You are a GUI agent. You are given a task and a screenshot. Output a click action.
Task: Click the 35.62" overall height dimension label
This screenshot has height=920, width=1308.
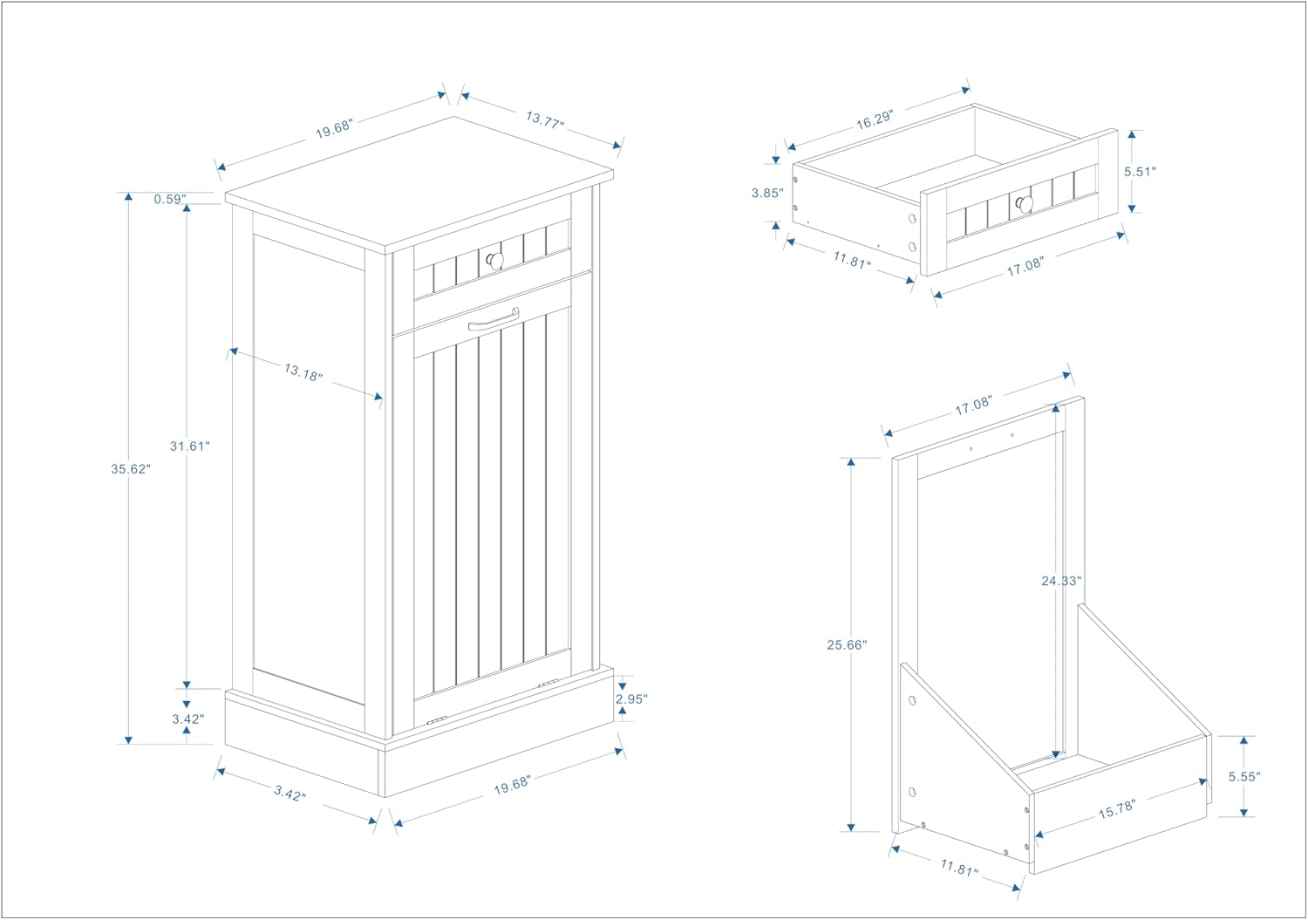click(x=130, y=468)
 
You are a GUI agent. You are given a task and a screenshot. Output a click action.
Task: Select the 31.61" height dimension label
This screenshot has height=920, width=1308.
click(x=189, y=446)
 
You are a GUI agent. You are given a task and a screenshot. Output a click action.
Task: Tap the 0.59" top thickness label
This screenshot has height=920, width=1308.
click(x=170, y=199)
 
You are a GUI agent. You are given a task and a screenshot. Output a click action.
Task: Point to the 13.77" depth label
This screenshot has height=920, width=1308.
click(x=544, y=119)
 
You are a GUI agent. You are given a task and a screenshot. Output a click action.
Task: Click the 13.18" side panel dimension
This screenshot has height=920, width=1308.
click(x=303, y=372)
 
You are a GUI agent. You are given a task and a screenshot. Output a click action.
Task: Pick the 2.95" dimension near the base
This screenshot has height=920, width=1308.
click(x=631, y=699)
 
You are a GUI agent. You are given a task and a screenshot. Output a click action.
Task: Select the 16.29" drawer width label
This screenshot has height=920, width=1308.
click(x=874, y=119)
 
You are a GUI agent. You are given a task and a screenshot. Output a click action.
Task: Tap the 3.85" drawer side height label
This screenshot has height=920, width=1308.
click(x=767, y=193)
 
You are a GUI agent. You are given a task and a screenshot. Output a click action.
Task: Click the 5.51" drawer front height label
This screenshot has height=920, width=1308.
click(x=1140, y=172)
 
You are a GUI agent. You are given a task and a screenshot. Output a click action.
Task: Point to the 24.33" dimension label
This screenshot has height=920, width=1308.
click(x=1060, y=580)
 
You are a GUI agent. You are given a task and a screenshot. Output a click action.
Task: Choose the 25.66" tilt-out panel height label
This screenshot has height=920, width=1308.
click(x=847, y=644)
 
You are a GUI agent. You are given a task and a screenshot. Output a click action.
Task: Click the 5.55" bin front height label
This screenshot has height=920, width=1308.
click(x=1244, y=776)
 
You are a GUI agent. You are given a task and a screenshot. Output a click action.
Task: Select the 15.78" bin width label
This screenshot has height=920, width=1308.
click(x=1116, y=808)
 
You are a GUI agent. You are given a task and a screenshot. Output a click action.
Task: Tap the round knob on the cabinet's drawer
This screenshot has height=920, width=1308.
click(x=495, y=261)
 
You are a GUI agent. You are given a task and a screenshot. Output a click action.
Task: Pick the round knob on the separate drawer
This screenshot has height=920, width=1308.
click(x=1025, y=204)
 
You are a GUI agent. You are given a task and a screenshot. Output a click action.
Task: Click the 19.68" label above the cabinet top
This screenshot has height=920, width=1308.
click(x=333, y=127)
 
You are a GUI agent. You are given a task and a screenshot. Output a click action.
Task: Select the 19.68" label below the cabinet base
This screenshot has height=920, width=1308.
click(x=512, y=784)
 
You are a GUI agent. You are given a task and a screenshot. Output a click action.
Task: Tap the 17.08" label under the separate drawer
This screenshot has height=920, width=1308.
click(x=1025, y=267)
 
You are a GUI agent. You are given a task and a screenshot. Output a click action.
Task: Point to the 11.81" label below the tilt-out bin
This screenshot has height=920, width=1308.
click(x=958, y=869)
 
